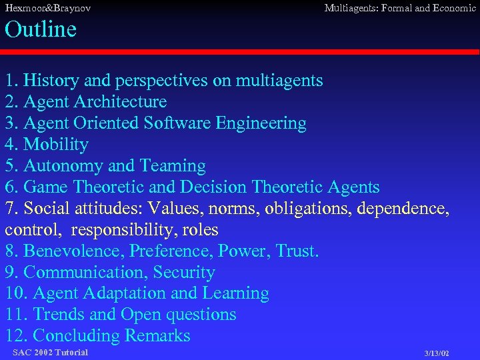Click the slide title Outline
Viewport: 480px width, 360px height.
point(41,29)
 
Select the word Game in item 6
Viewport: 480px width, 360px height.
point(45,187)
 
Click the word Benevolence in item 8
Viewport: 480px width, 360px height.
point(74,251)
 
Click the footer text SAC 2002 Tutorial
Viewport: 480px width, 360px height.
point(50,352)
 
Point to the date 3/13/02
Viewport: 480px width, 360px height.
point(437,353)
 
